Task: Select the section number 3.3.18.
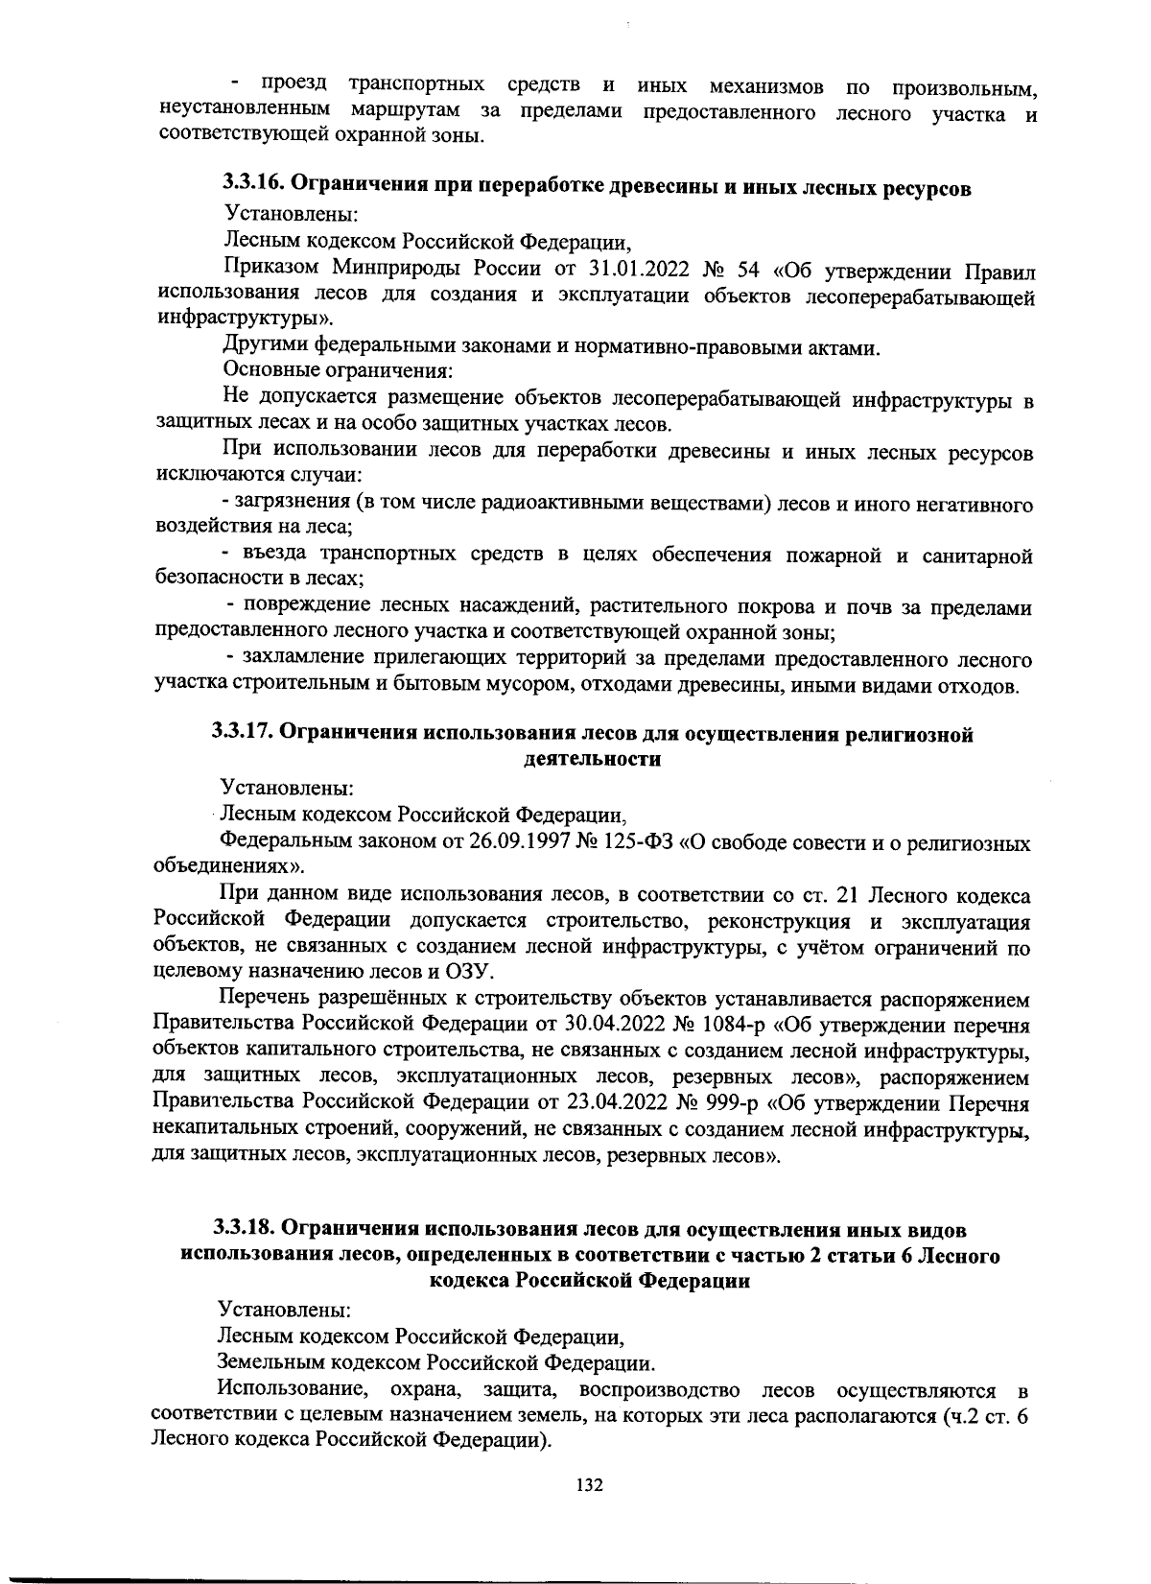(246, 1229)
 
